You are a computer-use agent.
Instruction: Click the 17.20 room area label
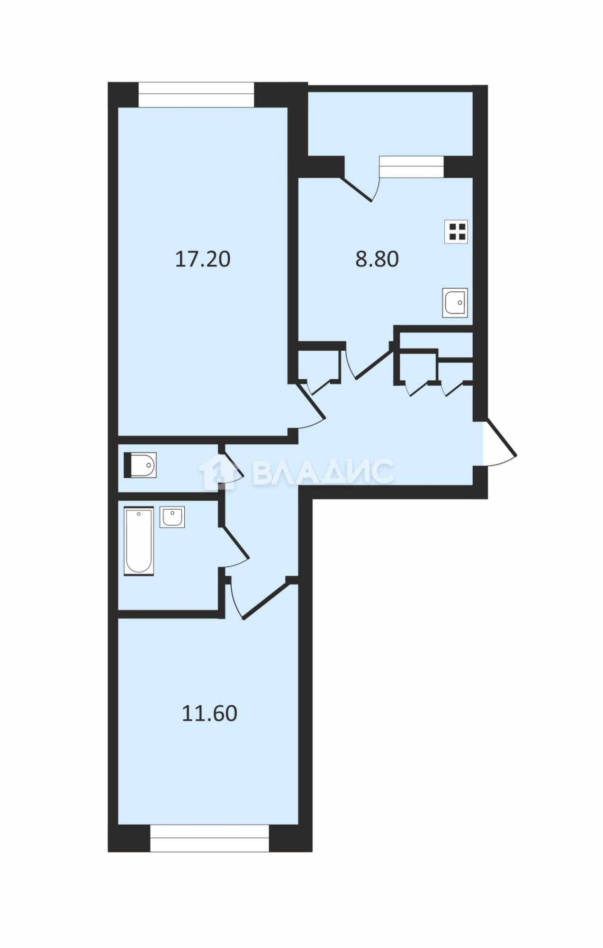coord(203,259)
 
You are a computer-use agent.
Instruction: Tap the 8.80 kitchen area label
coord(377,259)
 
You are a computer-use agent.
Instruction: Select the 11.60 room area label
coord(209,713)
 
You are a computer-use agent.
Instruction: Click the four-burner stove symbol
coord(456,232)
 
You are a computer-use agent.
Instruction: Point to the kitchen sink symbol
coord(455,302)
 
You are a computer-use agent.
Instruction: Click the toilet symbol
coord(140,465)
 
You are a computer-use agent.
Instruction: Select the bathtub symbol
coord(139,541)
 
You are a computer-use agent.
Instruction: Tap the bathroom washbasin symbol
coord(172,517)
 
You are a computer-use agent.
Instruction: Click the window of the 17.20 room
coord(196,95)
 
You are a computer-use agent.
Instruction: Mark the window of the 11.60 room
coord(209,838)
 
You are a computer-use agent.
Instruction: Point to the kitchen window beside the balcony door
coord(411,167)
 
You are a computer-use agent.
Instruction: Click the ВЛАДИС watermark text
coord(323,472)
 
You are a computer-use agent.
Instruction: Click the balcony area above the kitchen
coord(390,123)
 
